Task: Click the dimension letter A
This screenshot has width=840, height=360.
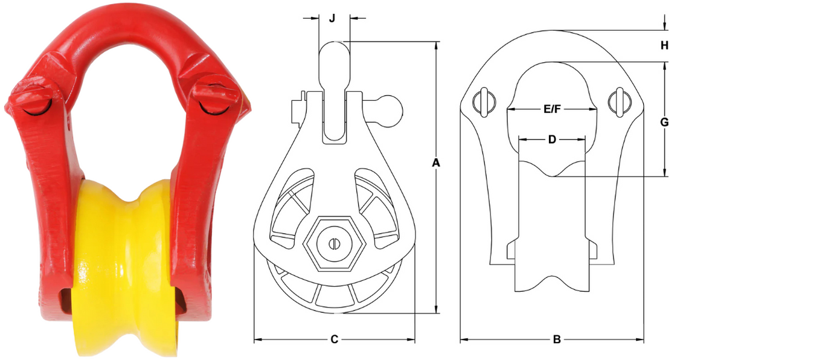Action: (x=436, y=162)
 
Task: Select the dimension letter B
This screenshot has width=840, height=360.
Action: (x=557, y=339)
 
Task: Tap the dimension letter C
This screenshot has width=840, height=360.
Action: (x=334, y=339)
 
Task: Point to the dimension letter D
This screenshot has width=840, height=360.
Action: (x=552, y=140)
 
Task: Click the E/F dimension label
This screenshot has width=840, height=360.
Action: (x=552, y=109)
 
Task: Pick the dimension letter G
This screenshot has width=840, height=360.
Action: (x=664, y=122)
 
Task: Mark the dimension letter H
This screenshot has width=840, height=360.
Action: (x=664, y=45)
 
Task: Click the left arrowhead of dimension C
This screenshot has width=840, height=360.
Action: (x=257, y=339)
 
